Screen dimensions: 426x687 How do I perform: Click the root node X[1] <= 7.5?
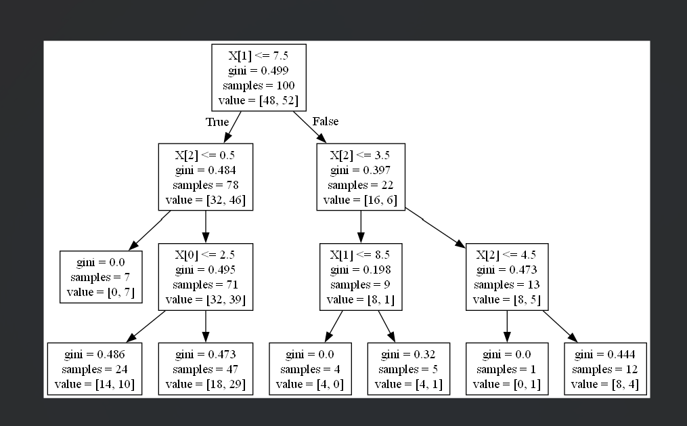[259, 77]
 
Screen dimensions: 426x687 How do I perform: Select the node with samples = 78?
[205, 176]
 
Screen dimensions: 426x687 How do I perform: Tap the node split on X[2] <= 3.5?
[361, 176]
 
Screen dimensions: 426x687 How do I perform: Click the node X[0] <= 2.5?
[205, 278]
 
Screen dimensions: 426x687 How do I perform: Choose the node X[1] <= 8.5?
[361, 278]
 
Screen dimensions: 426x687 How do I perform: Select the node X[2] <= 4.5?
[506, 278]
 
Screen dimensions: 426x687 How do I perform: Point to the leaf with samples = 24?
[95, 369]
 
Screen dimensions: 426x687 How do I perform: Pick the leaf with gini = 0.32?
[408, 369]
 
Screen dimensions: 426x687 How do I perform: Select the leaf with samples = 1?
[506, 369]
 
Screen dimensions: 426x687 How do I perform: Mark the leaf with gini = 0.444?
[604, 369]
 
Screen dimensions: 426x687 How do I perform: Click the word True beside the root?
[217, 123]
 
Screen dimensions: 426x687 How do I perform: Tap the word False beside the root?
[325, 122]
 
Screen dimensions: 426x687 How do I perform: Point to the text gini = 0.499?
[259, 70]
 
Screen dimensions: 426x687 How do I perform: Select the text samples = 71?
[205, 285]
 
